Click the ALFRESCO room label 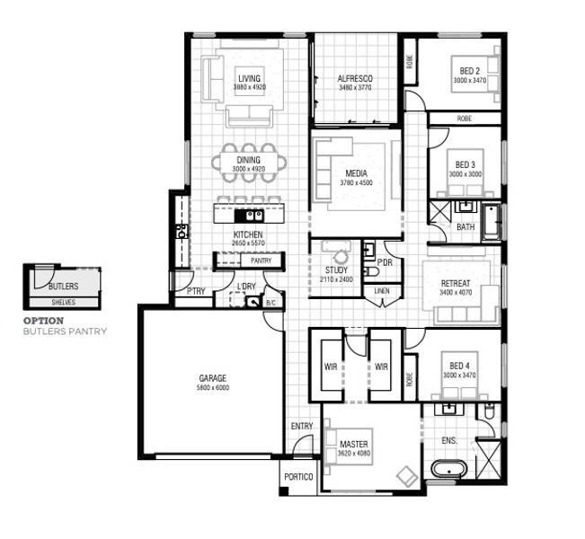pos(355,79)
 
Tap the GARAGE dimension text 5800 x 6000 pos(213,387)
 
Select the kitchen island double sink pos(249,216)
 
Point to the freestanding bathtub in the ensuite pos(448,469)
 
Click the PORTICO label pos(298,477)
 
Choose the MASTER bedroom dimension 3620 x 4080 pos(354,454)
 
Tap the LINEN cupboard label pos(382,291)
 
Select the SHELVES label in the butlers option pos(64,302)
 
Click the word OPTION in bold pos(44,321)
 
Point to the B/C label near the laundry pos(270,304)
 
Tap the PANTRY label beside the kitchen pos(261,261)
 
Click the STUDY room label pos(336,270)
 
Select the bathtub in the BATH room pos(491,222)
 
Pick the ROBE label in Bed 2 pos(410,62)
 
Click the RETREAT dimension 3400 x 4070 pos(456,293)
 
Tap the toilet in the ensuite pos(489,411)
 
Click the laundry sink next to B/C pos(253,302)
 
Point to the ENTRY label pos(302,426)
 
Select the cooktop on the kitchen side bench pos(182,231)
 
